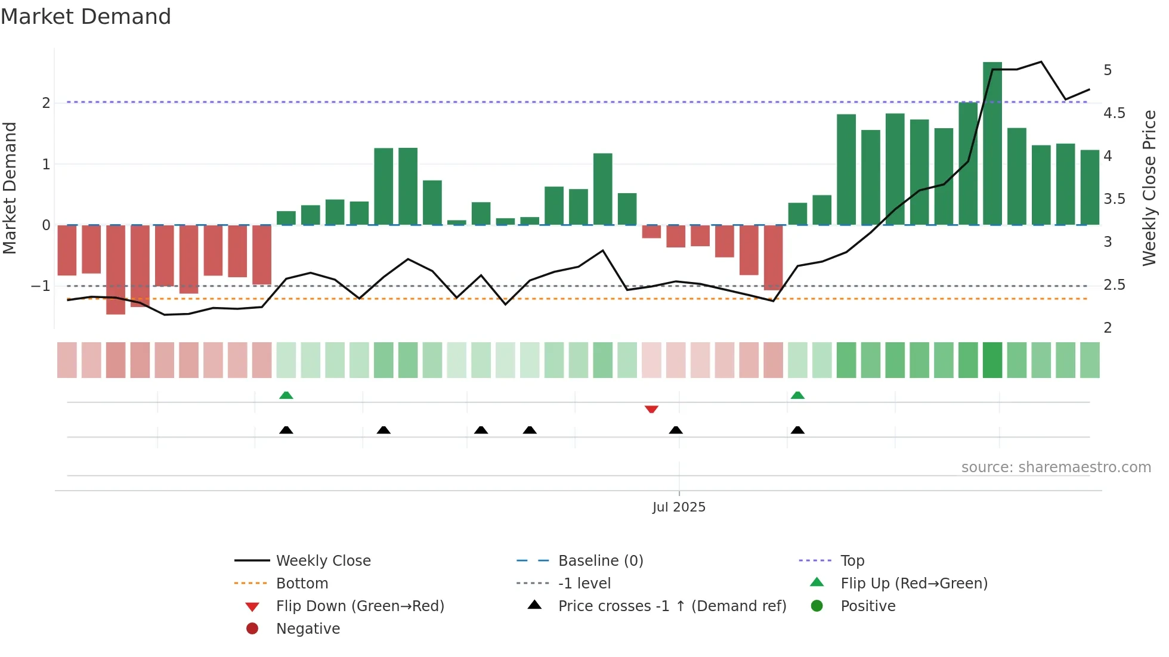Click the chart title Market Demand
86,17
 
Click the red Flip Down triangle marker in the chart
651,409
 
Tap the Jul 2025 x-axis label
679,507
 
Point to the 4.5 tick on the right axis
1114,113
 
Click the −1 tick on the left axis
41,286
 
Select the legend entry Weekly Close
323,561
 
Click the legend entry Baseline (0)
600,561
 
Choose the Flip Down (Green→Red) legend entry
360,606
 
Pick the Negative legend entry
308,629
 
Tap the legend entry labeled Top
852,561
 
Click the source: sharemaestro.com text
1056,467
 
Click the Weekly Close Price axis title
1149,188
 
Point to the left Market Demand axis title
10,188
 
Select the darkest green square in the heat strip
992,360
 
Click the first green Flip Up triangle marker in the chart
286,395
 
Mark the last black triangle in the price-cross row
797,430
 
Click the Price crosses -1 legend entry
672,606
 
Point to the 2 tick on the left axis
46,103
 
